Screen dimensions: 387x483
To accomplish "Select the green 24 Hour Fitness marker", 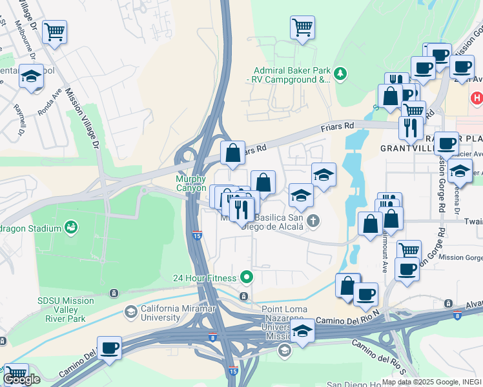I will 246,278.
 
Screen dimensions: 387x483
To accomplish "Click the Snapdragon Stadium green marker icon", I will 70,227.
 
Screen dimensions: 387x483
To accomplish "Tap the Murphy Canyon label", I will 191,184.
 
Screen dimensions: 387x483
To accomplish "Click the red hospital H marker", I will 477,98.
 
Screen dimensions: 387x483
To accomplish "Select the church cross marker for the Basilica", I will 313,221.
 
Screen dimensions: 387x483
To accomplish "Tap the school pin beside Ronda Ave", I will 31,76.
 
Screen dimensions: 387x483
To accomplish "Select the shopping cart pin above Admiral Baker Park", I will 302,28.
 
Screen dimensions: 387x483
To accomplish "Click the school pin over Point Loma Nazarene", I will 302,330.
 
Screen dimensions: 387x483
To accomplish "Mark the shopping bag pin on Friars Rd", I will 233,154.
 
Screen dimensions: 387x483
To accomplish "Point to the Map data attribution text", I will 431,382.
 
